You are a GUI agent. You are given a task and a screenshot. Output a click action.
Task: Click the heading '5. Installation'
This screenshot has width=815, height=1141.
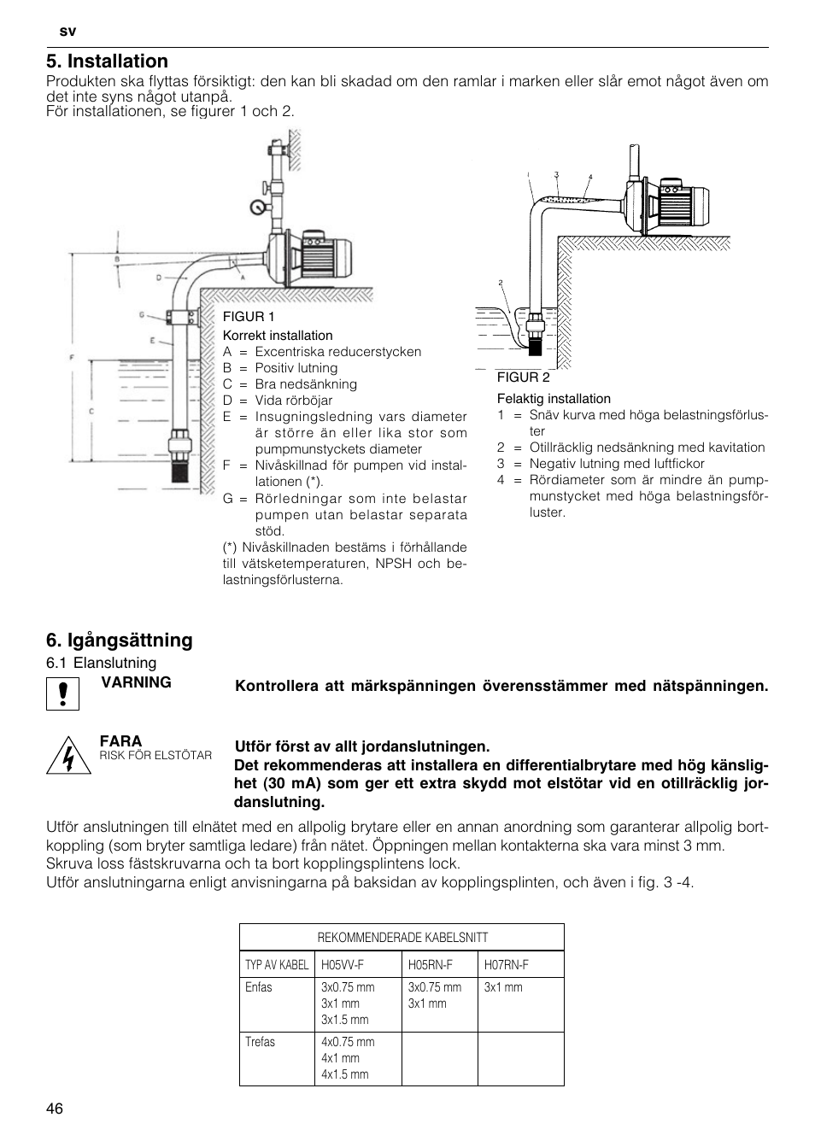(x=107, y=61)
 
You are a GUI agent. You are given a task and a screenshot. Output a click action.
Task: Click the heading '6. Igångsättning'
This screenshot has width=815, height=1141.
(x=120, y=640)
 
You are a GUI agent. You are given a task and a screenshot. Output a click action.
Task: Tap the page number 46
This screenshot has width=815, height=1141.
(x=55, y=1109)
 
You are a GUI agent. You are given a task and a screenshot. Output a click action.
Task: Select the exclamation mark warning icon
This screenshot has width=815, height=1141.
(x=62, y=693)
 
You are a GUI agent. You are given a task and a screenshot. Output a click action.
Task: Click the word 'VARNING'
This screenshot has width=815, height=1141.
(x=136, y=682)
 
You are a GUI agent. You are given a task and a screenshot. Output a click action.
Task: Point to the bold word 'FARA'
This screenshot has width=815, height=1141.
(x=120, y=740)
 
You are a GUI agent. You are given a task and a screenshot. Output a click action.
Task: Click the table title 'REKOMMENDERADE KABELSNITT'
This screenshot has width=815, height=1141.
(x=402, y=937)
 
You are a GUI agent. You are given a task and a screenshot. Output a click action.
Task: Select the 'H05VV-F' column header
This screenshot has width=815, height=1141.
(x=343, y=965)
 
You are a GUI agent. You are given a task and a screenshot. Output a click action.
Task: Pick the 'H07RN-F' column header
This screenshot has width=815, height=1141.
(x=506, y=965)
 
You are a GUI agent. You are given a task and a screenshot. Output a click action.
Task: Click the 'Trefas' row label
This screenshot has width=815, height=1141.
(x=260, y=1042)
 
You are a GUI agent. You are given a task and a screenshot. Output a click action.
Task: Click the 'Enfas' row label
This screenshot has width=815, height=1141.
(x=258, y=987)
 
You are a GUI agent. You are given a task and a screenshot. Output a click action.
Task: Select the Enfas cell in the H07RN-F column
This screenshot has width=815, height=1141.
(x=503, y=987)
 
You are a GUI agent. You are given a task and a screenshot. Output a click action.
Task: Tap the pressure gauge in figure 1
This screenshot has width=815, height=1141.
(x=256, y=207)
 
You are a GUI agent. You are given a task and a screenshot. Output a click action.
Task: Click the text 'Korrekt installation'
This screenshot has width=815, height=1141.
(x=278, y=336)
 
